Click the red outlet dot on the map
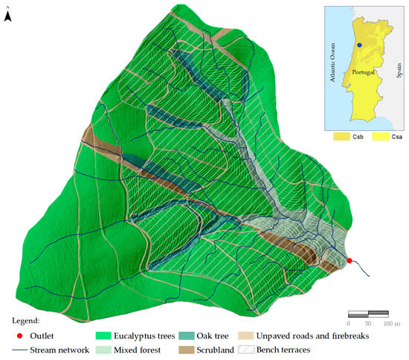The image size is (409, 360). (349, 260)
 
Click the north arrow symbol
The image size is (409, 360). (7, 17)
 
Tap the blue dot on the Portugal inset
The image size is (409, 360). (359, 45)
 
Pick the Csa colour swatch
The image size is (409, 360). (377, 138)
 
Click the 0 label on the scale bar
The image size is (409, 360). (350, 324)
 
